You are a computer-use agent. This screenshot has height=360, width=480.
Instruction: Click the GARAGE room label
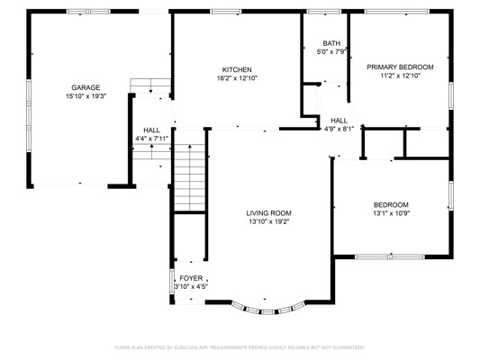(86, 88)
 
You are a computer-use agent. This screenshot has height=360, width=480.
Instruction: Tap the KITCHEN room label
(237, 69)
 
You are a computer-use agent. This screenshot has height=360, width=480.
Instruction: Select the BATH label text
(331, 43)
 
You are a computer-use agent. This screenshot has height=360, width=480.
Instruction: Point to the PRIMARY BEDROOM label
(400, 67)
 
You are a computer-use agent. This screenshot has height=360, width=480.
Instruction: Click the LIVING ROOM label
(268, 213)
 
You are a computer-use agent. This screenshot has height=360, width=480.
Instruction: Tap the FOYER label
(191, 278)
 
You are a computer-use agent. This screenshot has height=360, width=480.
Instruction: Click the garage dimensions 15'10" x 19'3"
(86, 96)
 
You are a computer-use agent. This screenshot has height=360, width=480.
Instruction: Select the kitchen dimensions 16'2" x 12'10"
(237, 78)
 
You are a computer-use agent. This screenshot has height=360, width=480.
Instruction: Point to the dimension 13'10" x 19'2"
(269, 221)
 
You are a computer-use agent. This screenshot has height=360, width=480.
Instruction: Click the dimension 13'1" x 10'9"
(391, 213)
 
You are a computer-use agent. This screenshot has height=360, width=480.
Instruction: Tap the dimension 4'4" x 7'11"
(152, 139)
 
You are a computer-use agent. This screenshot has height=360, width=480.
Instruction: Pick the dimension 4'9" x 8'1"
(339, 129)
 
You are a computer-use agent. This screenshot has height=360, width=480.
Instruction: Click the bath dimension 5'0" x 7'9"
(331, 52)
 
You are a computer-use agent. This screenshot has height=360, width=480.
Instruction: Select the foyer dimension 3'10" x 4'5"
(191, 287)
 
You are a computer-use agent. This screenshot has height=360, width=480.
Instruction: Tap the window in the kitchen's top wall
(226, 12)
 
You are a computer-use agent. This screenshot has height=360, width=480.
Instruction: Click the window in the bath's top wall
(324, 12)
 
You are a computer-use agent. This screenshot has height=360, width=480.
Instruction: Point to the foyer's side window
(172, 282)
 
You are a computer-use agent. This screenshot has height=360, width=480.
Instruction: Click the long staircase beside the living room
(190, 177)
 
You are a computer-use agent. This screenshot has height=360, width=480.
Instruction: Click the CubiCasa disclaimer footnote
(240, 347)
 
